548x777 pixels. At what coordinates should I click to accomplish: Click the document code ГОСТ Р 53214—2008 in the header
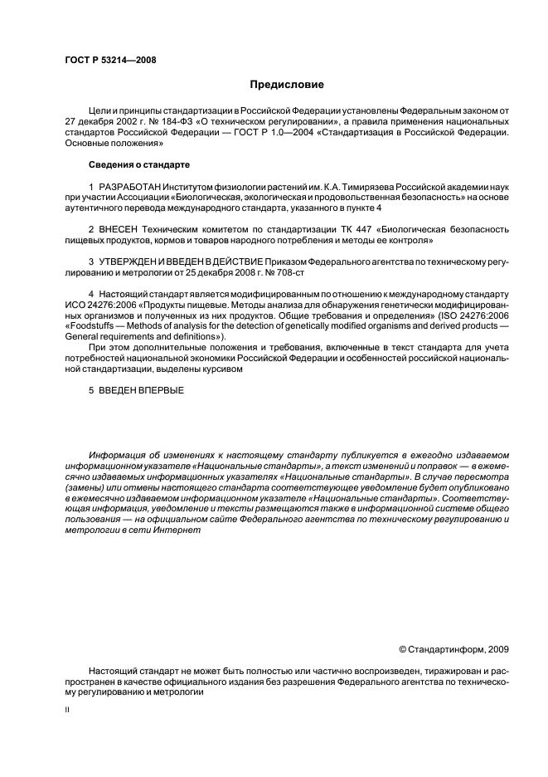110,61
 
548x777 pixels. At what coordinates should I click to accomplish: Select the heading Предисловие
287,85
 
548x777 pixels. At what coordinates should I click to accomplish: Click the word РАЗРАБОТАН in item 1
130,188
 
